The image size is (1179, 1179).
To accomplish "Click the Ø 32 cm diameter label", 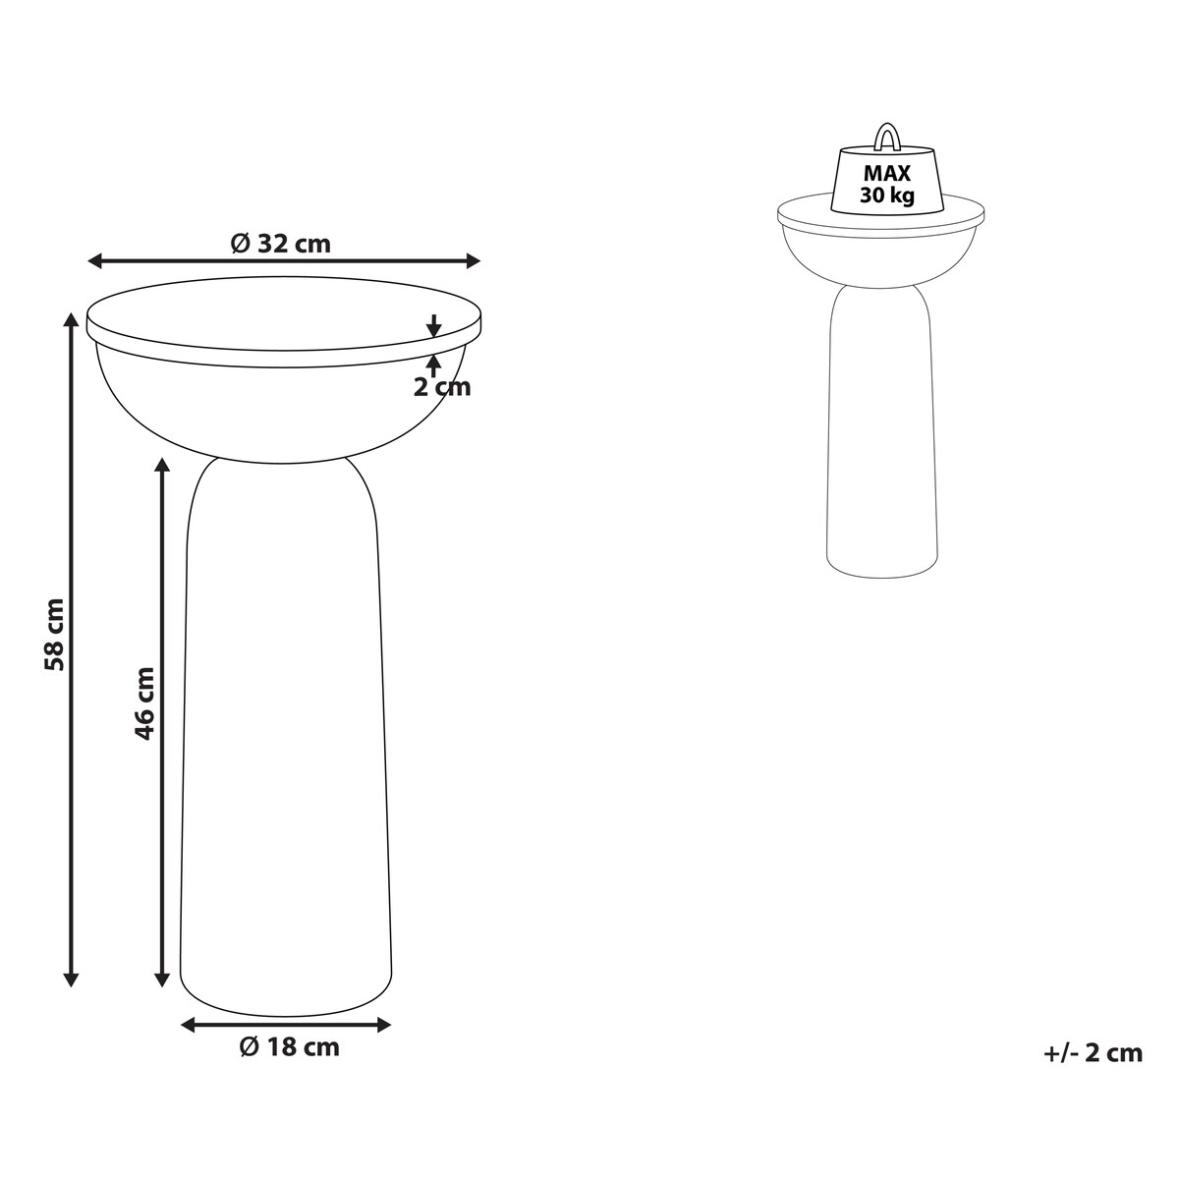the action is pos(281,244).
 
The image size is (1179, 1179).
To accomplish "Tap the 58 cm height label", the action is pos(54,635).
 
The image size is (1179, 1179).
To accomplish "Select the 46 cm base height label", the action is pos(143,703).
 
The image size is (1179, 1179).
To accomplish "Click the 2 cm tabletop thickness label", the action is pos(442,387).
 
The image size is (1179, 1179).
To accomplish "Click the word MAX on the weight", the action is pos(886,174).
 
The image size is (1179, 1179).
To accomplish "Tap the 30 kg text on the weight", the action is pos(887,196).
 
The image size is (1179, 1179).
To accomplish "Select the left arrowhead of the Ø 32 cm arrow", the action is pos(95,261).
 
